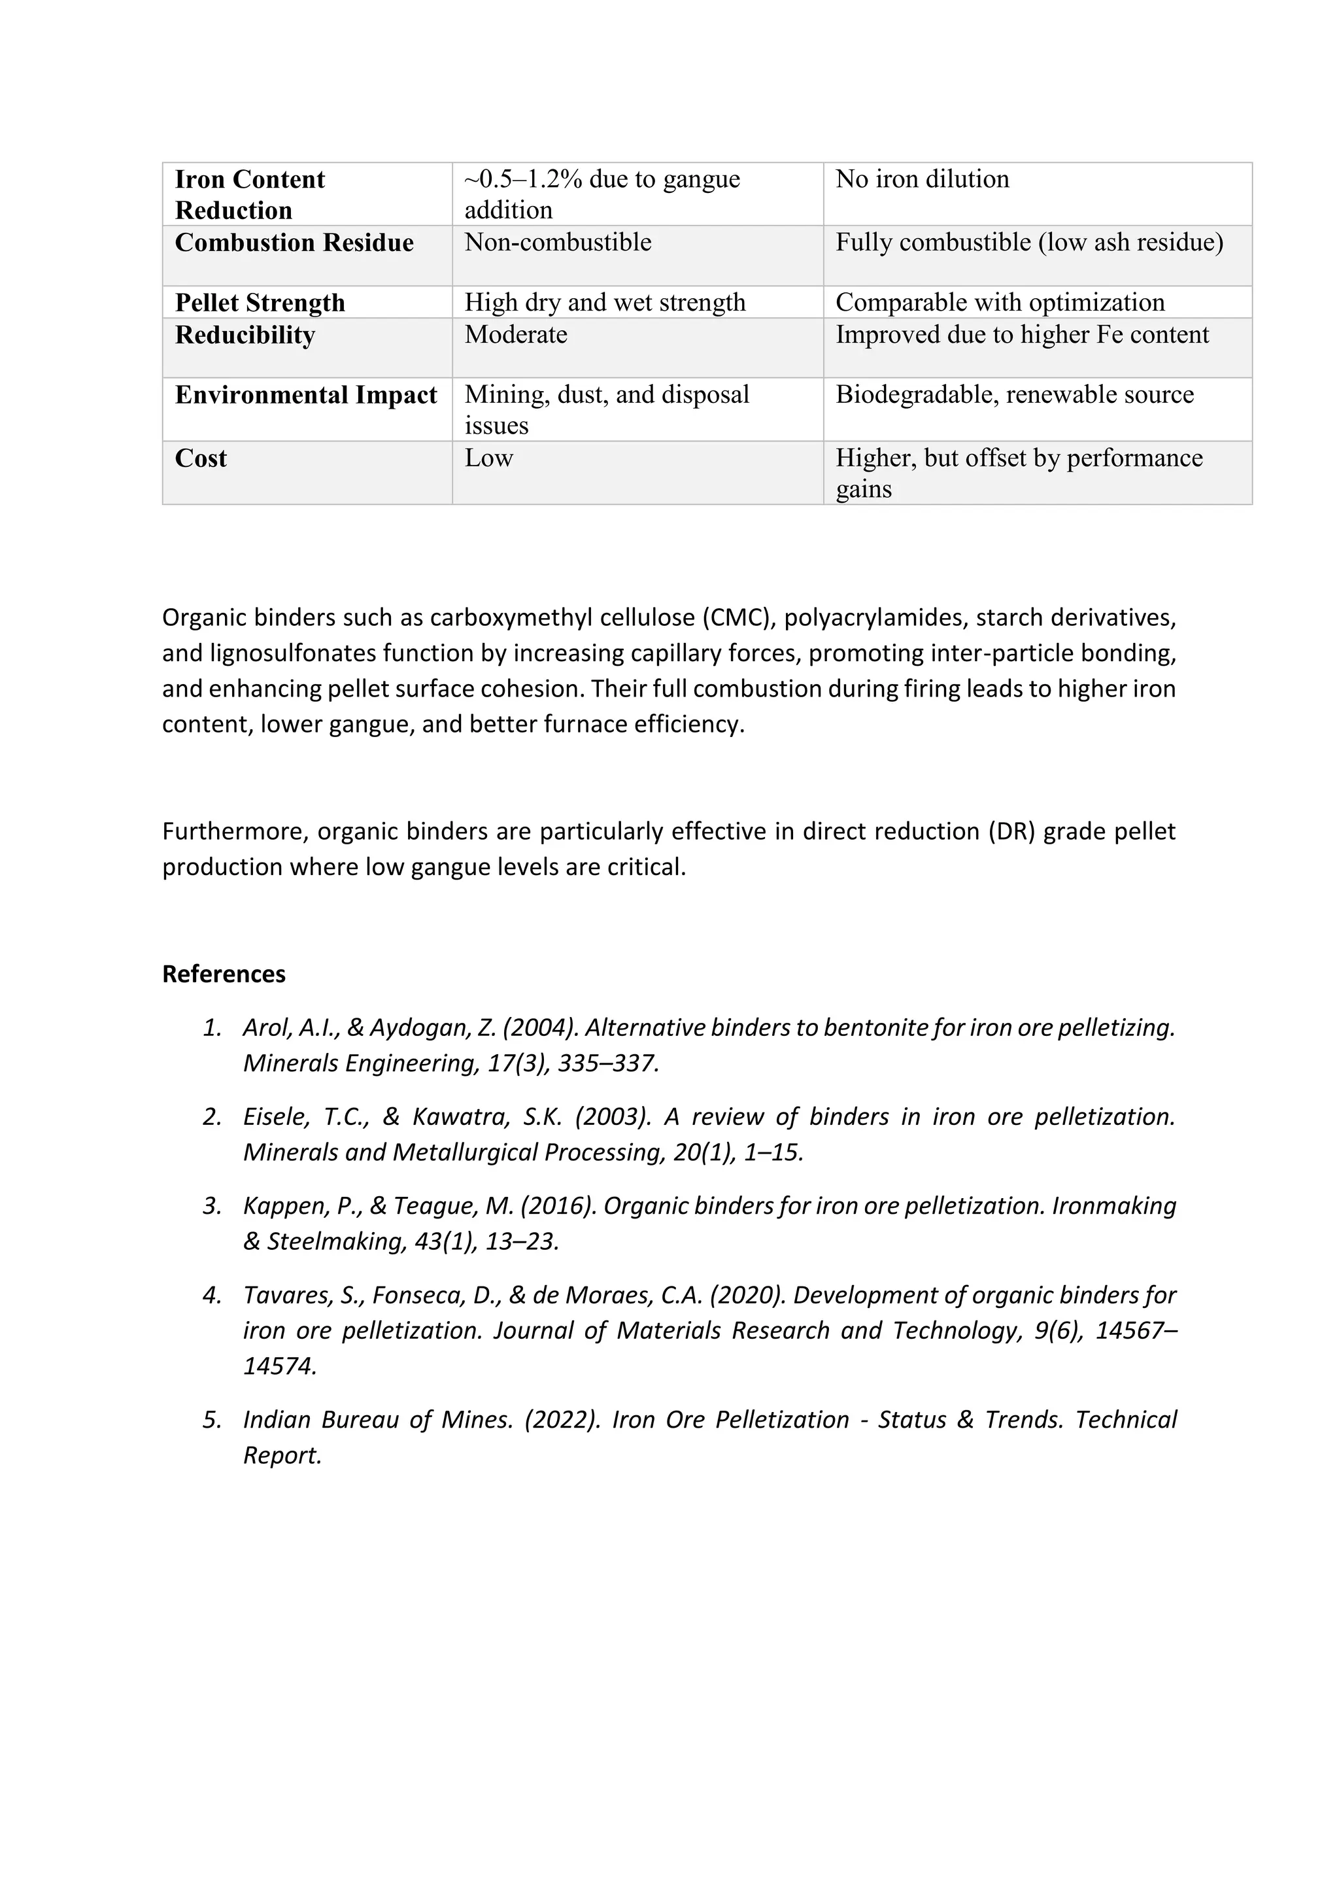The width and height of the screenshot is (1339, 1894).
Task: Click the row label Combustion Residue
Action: coord(294,243)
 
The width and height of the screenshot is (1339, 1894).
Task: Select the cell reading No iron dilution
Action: coord(922,179)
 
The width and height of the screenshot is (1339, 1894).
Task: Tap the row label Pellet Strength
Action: coord(260,303)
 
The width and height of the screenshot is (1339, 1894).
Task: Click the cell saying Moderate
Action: coord(515,334)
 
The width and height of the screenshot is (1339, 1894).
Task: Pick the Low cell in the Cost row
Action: coord(488,458)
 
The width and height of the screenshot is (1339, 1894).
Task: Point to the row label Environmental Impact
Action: coord(305,395)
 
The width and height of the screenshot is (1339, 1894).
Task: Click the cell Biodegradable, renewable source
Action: coord(1014,394)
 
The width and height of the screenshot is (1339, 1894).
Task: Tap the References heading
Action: coord(224,974)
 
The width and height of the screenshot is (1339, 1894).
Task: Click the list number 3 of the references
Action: coord(212,1206)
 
